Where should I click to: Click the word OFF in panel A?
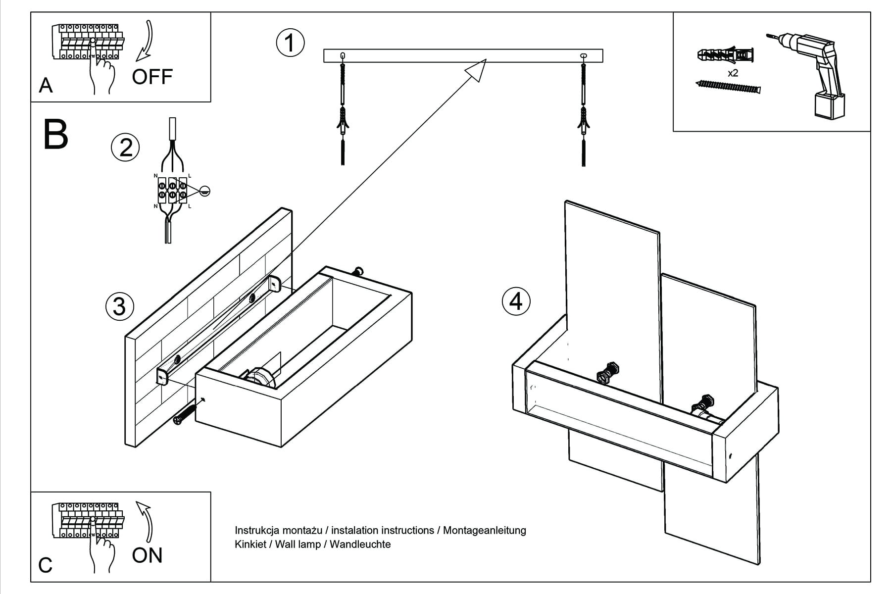pyautogui.click(x=152, y=77)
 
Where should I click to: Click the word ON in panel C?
pyautogui.click(x=147, y=555)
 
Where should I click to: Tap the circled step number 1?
pyautogui.click(x=290, y=43)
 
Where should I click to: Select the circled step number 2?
pyautogui.click(x=125, y=148)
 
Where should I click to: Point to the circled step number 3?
pyautogui.click(x=119, y=306)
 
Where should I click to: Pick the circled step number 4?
pyautogui.click(x=516, y=301)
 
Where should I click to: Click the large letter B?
pyautogui.click(x=55, y=135)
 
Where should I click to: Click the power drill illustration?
pyautogui.click(x=812, y=74)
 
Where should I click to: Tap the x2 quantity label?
pyautogui.click(x=733, y=73)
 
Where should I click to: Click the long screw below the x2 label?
pyautogui.click(x=728, y=87)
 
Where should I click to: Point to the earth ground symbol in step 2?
pyautogui.click(x=205, y=191)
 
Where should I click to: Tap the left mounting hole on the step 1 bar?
pyautogui.click(x=343, y=55)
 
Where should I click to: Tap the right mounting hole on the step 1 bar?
pyautogui.click(x=583, y=55)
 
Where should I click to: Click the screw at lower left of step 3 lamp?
pyautogui.click(x=186, y=413)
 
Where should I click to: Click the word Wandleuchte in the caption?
pyautogui.click(x=360, y=544)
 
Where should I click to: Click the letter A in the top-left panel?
pyautogui.click(x=46, y=86)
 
